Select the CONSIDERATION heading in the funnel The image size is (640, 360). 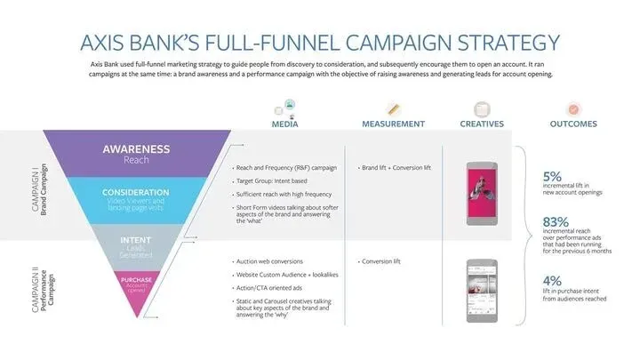click(136, 192)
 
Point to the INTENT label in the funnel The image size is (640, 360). click(136, 239)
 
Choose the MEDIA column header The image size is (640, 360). click(284, 124)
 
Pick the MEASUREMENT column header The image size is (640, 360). click(393, 124)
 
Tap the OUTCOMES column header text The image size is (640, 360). click(573, 124)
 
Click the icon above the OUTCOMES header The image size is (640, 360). click(573, 108)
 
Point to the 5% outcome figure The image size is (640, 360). click(553, 175)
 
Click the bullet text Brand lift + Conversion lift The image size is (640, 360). click(397, 167)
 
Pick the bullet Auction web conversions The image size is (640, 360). click(270, 261)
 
